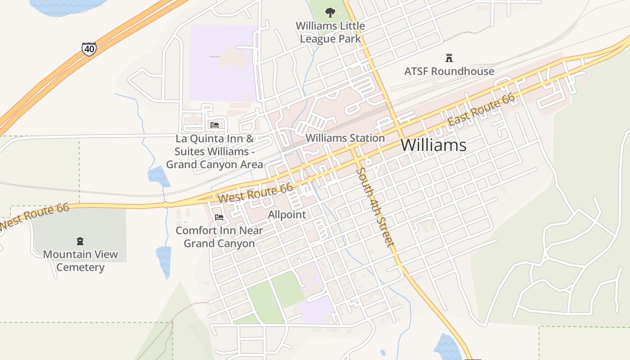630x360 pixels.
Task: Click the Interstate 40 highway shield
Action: click(89, 49)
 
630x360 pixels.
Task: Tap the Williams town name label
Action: click(433, 145)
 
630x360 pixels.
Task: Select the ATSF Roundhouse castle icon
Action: click(449, 58)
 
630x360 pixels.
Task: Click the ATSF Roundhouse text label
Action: click(449, 71)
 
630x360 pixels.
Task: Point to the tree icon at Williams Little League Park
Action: click(330, 12)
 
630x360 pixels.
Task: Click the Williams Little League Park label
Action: click(330, 32)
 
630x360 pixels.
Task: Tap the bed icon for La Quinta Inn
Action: click(215, 125)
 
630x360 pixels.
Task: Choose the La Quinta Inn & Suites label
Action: click(215, 152)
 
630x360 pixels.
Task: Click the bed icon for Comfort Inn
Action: click(219, 217)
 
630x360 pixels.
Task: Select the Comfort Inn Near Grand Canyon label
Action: click(219, 237)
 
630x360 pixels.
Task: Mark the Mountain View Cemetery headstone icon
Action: click(80, 241)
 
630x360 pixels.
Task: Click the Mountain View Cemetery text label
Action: click(81, 261)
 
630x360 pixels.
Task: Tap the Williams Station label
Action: click(345, 138)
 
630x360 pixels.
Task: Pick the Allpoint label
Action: click(287, 215)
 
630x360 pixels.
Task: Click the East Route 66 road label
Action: click(481, 110)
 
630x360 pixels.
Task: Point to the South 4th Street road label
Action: click(375, 207)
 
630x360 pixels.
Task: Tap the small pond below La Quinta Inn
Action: click(159, 176)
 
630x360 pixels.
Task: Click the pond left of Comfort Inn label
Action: click(164, 261)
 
